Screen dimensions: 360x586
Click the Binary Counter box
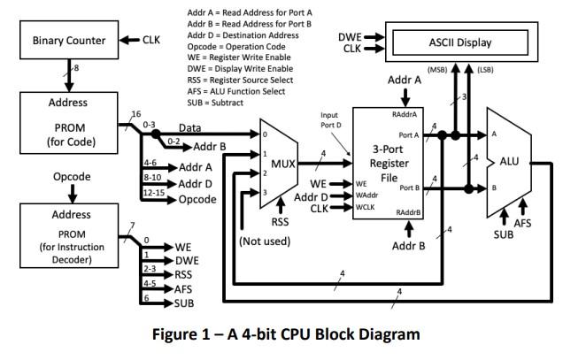(68, 41)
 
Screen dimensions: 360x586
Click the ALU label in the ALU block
(510, 162)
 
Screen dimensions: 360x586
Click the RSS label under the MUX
(280, 222)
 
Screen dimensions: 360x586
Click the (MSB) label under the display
(436, 70)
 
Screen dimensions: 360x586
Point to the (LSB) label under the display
(485, 70)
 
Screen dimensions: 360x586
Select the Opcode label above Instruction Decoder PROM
(72, 177)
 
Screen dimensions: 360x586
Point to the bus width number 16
(135, 114)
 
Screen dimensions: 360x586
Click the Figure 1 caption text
(293, 333)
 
